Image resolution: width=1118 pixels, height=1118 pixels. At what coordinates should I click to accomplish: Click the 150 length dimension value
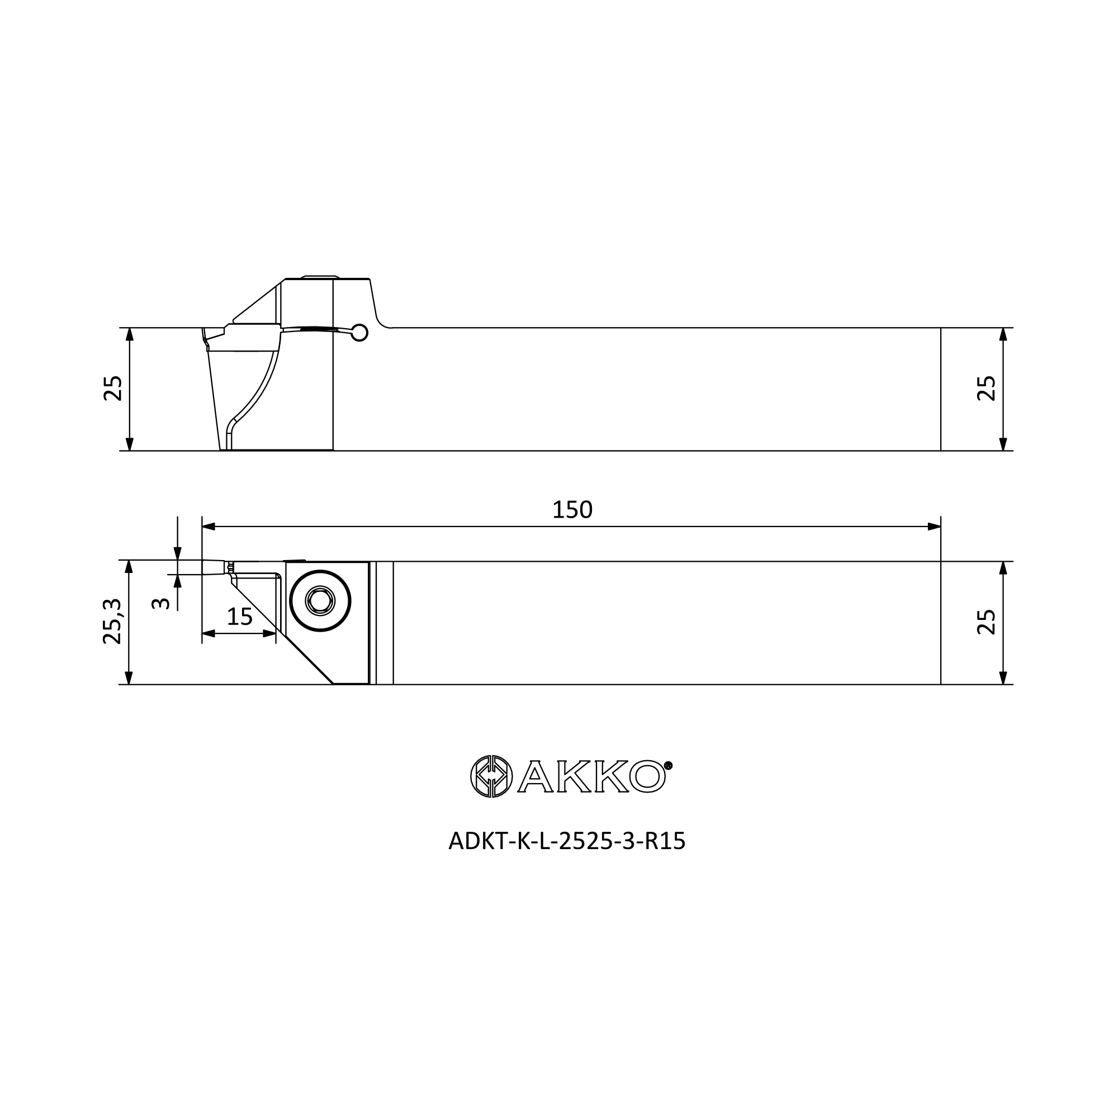coord(572,510)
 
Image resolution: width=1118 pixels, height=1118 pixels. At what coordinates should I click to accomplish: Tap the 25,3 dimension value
coord(112,622)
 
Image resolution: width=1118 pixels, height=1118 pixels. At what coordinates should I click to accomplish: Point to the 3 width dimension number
coord(160,604)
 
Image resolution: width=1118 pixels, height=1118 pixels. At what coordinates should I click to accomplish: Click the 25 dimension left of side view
coord(113,389)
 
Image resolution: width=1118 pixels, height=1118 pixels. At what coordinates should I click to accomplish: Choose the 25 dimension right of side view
coord(987,389)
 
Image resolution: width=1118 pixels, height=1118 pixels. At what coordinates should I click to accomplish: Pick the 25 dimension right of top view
coord(987,622)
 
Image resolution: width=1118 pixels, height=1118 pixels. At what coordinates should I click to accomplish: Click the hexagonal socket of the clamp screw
coord(320,601)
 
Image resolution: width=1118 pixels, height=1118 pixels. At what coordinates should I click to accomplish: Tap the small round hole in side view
coord(360,332)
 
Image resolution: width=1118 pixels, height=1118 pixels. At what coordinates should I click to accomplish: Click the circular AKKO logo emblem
coord(491,776)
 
